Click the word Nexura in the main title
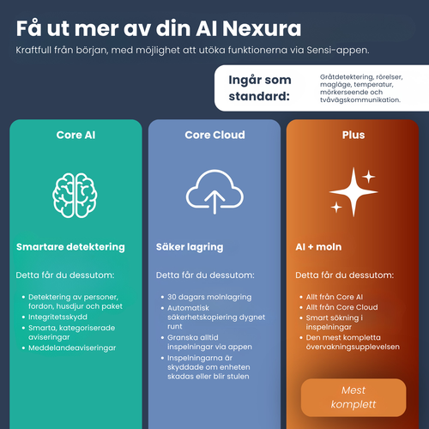[262, 28]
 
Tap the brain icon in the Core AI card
[75, 196]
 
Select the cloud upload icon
[214, 192]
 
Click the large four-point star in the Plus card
[353, 192]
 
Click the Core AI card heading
[76, 135]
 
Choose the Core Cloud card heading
[214, 135]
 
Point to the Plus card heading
[353, 135]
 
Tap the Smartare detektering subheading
[70, 247]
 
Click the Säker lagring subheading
[190, 247]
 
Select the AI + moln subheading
[318, 247]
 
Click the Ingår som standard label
[260, 88]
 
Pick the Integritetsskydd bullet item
[57, 317]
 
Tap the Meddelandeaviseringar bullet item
[72, 348]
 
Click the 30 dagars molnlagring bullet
[209, 297]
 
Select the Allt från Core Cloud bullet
[342, 307]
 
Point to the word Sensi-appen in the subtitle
[338, 51]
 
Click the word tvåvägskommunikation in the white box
[360, 100]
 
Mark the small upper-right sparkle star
[369, 177]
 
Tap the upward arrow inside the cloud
[214, 202]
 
